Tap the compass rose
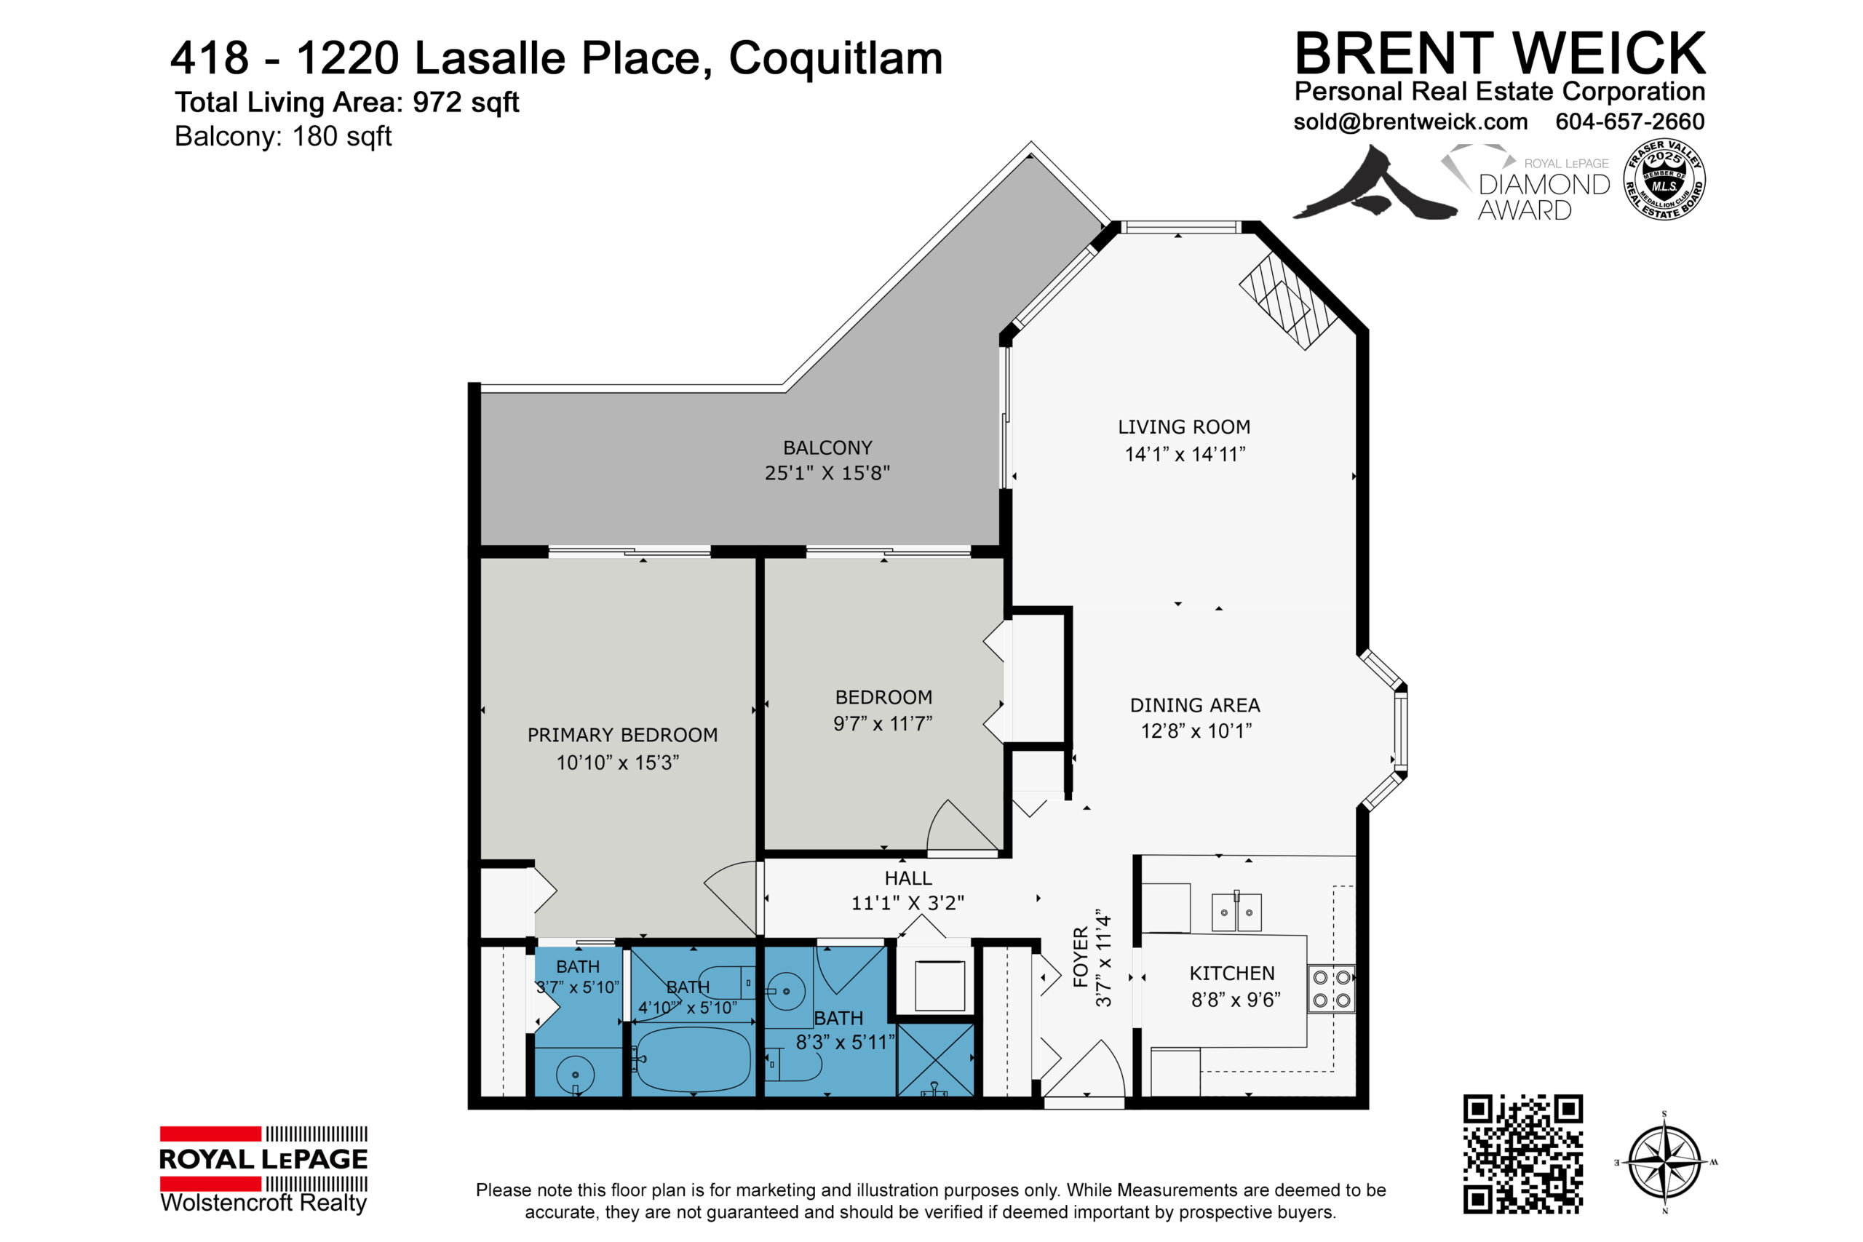pyautogui.click(x=1664, y=1163)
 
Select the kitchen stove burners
pyautogui.click(x=1332, y=990)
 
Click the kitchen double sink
pyautogui.click(x=1236, y=912)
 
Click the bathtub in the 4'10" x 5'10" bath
pyautogui.click(x=693, y=1059)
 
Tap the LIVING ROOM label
pyautogui.click(x=1184, y=427)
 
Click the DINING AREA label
pyautogui.click(x=1194, y=705)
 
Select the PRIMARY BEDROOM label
pyautogui.click(x=623, y=735)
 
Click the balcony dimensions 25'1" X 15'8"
pyautogui.click(x=827, y=473)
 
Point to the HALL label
pyautogui.click(x=907, y=878)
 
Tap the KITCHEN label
pyautogui.click(x=1232, y=974)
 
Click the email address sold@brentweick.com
pyautogui.click(x=1411, y=122)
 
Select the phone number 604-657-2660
pyautogui.click(x=1630, y=122)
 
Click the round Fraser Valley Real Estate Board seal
pyautogui.click(x=1664, y=180)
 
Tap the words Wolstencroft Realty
pyautogui.click(x=263, y=1203)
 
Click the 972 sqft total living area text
pyautogui.click(x=466, y=102)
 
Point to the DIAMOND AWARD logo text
pyautogui.click(x=1544, y=197)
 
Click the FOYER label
pyautogui.click(x=1081, y=957)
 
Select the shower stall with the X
pyautogui.click(x=934, y=1061)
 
